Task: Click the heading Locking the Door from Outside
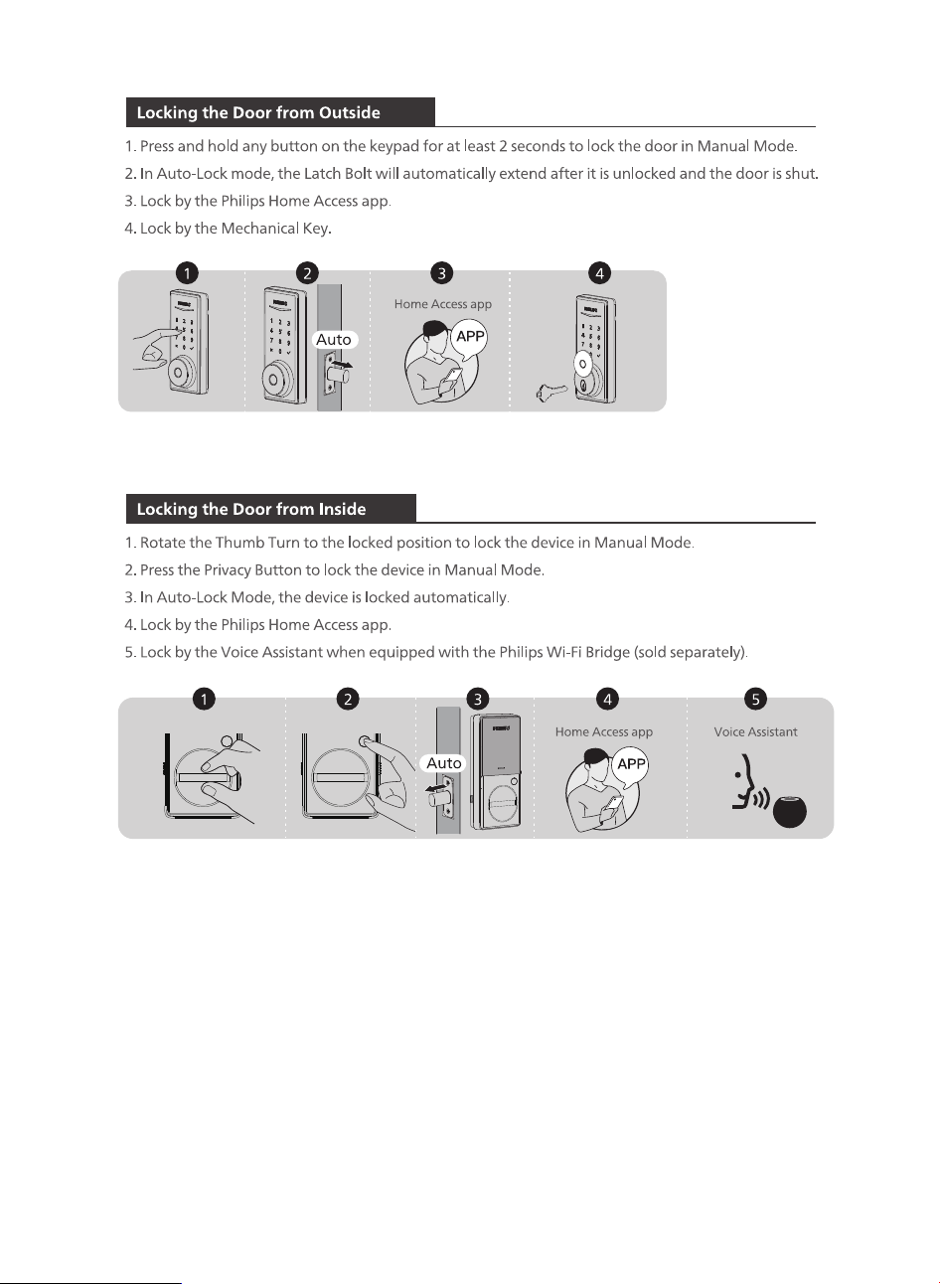pyautogui.click(x=258, y=112)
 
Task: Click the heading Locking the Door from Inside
pyautogui.click(x=251, y=509)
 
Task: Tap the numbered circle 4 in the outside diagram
pyautogui.click(x=599, y=273)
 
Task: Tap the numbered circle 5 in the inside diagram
pyautogui.click(x=755, y=700)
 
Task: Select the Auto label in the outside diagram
pyautogui.click(x=334, y=340)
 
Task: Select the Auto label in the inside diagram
pyautogui.click(x=443, y=763)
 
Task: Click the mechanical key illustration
pyautogui.click(x=551, y=393)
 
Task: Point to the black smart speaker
pyautogui.click(x=790, y=811)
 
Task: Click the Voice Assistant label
pyautogui.click(x=755, y=732)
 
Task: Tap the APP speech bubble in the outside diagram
pyautogui.click(x=469, y=338)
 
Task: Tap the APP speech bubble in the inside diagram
pyautogui.click(x=631, y=765)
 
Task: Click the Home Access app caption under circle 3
pyautogui.click(x=442, y=304)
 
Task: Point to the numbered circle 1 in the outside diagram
pyautogui.click(x=187, y=273)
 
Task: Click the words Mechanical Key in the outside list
pyautogui.click(x=274, y=229)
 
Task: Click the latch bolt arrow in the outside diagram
pyautogui.click(x=343, y=365)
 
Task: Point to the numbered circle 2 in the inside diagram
pyautogui.click(x=348, y=700)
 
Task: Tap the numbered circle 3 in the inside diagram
pyautogui.click(x=477, y=700)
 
